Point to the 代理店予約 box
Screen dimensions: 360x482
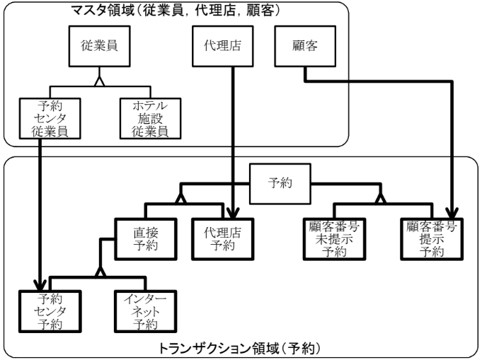222,238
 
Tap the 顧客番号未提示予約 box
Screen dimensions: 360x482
331,238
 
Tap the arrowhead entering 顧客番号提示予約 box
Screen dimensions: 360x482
451,213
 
